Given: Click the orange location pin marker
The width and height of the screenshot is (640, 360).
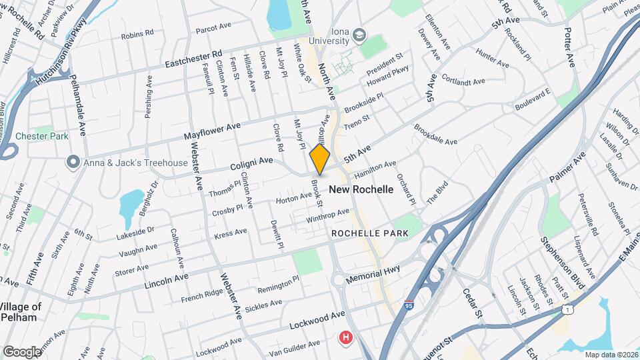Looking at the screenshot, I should click(x=320, y=159).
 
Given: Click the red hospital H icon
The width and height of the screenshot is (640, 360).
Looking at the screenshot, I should click(x=345, y=338).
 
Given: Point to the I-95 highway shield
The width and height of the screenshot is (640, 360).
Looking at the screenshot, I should click(x=408, y=305).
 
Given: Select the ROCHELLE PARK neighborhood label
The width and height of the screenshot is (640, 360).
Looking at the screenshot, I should click(x=365, y=234).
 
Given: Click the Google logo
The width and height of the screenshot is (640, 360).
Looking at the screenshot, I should click(x=21, y=351).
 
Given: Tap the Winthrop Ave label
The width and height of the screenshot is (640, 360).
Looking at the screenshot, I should click(x=327, y=216).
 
